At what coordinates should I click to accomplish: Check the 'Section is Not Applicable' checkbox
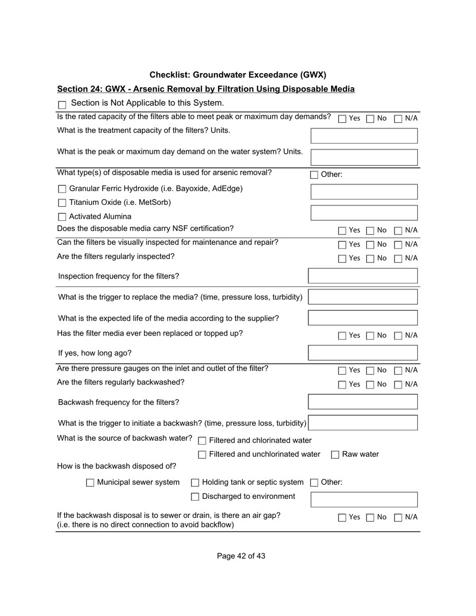[62, 105]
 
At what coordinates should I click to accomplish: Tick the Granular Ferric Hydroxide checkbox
[62, 189]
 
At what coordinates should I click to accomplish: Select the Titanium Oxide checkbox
[62, 203]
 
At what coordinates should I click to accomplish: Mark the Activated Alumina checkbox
[62, 217]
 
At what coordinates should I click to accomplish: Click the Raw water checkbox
[335, 455]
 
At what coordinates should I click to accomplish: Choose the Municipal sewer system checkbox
[90, 483]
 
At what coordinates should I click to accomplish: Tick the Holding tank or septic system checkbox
[195, 483]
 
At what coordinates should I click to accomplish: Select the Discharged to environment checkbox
[195, 497]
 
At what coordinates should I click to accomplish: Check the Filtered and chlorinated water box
[202, 441]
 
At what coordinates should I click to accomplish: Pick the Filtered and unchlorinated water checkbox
[202, 455]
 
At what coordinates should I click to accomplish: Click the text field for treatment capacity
[364, 136]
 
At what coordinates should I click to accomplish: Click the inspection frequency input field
[363, 276]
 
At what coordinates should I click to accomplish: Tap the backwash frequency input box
[363, 402]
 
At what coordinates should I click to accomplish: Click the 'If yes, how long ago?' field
[363, 353]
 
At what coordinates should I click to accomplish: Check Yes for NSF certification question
[342, 231]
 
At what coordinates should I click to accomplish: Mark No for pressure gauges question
[370, 371]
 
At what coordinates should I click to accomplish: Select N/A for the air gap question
[398, 518]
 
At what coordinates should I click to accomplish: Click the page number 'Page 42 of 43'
[241, 556]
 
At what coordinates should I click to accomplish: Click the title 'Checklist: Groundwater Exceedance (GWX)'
[237, 75]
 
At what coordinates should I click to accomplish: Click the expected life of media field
[363, 318]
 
